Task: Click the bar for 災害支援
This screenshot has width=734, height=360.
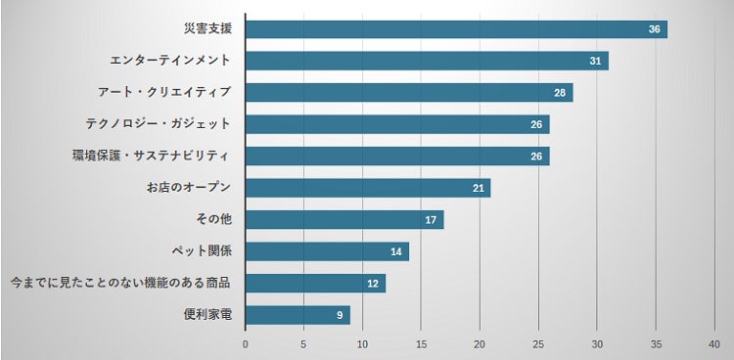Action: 455,29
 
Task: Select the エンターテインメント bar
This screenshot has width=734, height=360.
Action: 426,61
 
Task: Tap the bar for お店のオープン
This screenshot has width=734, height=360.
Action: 367,188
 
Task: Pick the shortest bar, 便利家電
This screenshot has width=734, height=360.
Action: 298,315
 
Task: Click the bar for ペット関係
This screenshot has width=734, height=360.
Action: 326,251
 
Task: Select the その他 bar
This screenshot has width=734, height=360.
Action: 344,220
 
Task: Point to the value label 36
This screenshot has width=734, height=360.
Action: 654,29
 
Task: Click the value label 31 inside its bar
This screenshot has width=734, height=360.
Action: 595,61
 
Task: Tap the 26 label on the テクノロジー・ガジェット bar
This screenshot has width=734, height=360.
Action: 537,124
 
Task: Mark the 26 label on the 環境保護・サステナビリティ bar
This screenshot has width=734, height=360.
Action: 537,157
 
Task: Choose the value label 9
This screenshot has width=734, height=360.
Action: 339,315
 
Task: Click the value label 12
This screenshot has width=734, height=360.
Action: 372,284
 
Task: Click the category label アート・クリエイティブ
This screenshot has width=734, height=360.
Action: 163,92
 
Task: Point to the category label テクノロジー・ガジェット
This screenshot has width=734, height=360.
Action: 157,124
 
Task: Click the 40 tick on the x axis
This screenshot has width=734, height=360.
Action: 713,344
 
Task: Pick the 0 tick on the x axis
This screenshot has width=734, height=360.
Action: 245,344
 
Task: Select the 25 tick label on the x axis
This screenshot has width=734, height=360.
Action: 538,344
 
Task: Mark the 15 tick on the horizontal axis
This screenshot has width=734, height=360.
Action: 421,344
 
